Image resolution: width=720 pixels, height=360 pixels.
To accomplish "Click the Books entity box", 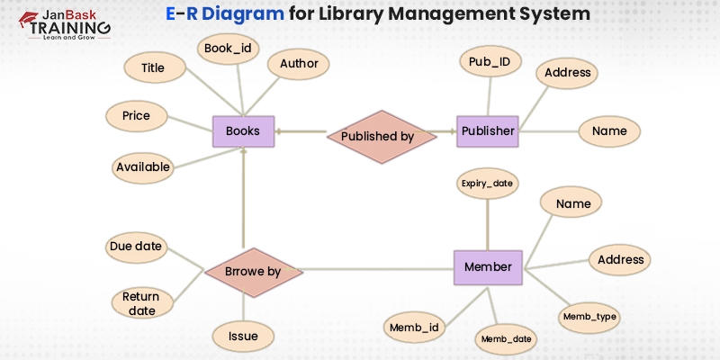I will point(243,131).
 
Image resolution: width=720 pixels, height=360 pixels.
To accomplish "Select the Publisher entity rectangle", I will point(487,131).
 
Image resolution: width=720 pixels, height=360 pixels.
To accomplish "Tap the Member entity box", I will point(487,267).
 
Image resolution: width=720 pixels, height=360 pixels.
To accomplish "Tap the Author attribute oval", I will point(299,65).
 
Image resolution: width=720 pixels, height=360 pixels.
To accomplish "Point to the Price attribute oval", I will point(136,116).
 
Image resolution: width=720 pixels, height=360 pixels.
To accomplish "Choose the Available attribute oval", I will point(143,166).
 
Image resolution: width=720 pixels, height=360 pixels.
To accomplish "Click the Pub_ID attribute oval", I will point(490,62).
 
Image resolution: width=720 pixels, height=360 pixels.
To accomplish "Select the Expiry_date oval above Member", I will point(487,183).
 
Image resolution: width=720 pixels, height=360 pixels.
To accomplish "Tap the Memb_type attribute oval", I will point(590,317).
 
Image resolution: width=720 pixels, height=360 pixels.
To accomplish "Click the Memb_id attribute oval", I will point(415,327).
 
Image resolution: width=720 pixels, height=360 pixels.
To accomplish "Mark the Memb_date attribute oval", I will point(506,338).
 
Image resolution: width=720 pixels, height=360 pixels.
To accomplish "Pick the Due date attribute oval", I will point(135,246).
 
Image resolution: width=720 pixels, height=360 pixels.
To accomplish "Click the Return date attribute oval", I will point(141,303).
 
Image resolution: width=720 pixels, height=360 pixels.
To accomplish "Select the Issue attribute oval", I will point(243,337).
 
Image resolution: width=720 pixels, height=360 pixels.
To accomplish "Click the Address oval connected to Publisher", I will point(568,73).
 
